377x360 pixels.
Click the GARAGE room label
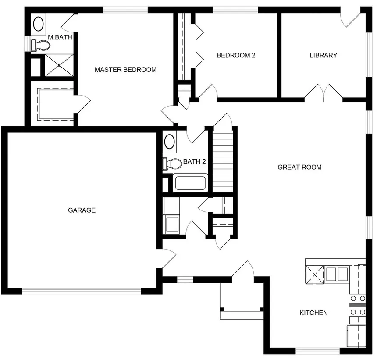82,210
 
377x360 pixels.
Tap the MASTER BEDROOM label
125,70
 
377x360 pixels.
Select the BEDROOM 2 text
236,55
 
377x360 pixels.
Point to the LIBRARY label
324,55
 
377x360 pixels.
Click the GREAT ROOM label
299,167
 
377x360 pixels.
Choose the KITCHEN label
313,313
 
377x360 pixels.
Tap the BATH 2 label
195,161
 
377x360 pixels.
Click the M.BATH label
60,37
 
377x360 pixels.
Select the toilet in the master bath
40,45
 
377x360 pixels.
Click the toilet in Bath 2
172,164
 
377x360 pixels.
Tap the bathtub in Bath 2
190,183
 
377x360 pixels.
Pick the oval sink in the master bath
39,24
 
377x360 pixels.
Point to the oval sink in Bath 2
170,142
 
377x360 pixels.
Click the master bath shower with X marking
59,65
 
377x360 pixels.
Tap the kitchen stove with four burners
358,306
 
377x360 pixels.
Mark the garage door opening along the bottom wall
82,291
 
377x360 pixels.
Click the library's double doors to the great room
324,93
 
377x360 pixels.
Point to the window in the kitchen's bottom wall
318,351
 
